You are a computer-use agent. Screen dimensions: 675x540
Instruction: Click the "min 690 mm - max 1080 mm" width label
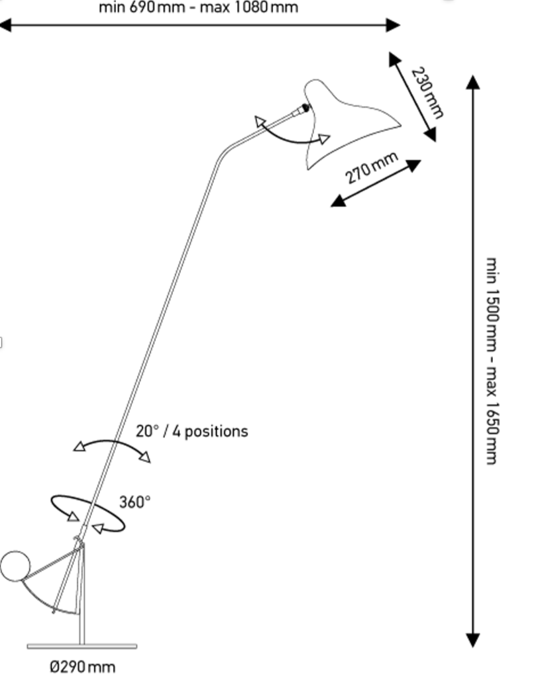(x=199, y=8)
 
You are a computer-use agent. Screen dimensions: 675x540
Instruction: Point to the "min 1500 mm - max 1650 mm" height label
(x=491, y=361)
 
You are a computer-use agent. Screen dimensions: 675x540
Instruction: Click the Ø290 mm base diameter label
(x=82, y=666)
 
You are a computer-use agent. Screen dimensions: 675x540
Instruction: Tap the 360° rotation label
(x=135, y=502)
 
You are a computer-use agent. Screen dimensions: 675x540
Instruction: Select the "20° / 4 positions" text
(x=192, y=431)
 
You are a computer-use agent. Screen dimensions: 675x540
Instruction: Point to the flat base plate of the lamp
(x=82, y=646)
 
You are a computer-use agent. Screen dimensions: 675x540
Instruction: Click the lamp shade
(x=345, y=122)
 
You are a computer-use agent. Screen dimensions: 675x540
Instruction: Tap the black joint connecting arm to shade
(x=304, y=109)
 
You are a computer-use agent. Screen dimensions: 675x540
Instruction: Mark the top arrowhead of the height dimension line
(x=472, y=83)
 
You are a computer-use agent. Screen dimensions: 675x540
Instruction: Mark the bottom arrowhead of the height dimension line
(x=472, y=639)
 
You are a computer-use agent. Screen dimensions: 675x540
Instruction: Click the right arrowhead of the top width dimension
(x=394, y=25)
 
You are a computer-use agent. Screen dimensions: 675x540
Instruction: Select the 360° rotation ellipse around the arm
(x=87, y=514)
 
